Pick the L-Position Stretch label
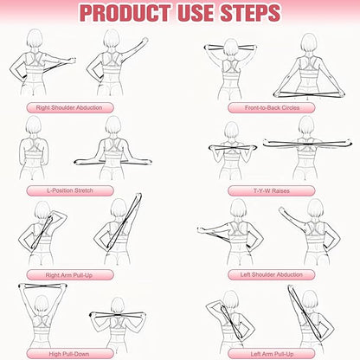pyautogui.click(x=70, y=190)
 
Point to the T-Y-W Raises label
pyautogui.click(x=272, y=190)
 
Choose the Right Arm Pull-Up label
pyautogui.click(x=70, y=274)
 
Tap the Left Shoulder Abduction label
pyautogui.click(x=272, y=274)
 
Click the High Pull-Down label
pyautogui.click(x=70, y=353)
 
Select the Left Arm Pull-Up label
pyautogui.click(x=272, y=353)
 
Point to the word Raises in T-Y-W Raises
pyautogui.click(x=282, y=190)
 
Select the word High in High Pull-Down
pyautogui.click(x=55, y=353)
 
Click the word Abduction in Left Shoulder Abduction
pyautogui.click(x=290, y=274)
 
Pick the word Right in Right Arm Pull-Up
pyautogui.click(x=52, y=274)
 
